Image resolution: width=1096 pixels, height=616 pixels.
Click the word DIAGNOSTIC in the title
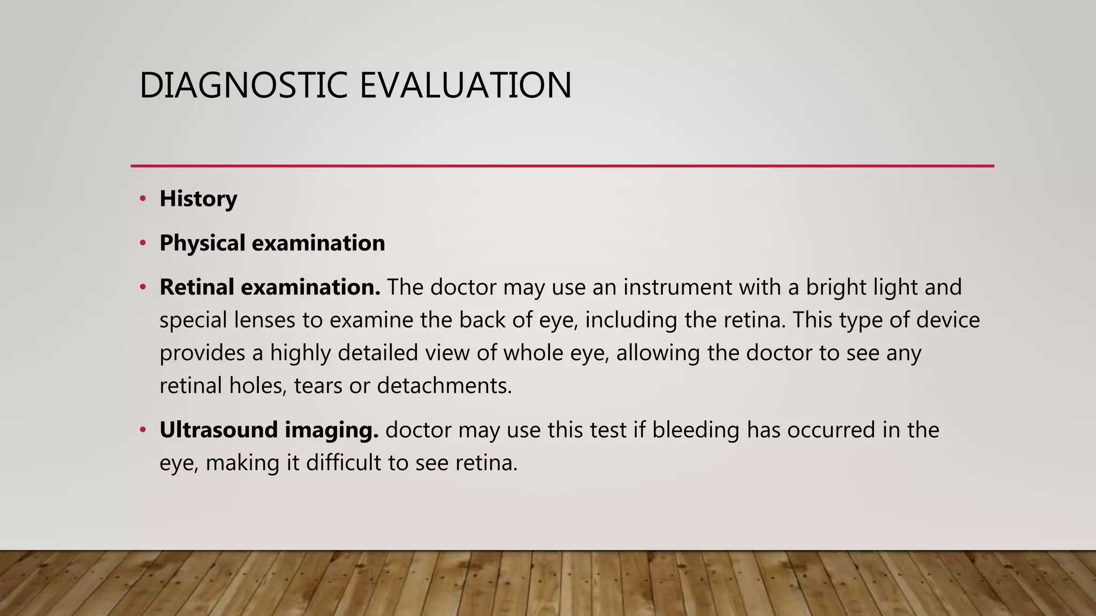point(243,86)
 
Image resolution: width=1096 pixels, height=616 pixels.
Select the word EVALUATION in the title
point(465,86)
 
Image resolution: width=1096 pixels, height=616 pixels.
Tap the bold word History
point(198,199)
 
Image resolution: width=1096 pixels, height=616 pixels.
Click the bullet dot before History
point(142,199)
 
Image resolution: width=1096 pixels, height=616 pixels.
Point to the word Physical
point(202,243)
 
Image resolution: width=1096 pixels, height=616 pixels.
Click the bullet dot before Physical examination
point(142,243)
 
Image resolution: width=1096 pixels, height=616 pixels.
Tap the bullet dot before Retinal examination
point(142,287)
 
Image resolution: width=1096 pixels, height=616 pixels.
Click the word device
point(948,320)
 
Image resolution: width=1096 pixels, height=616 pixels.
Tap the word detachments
point(444,386)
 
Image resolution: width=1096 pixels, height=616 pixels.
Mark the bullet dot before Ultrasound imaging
point(142,430)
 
